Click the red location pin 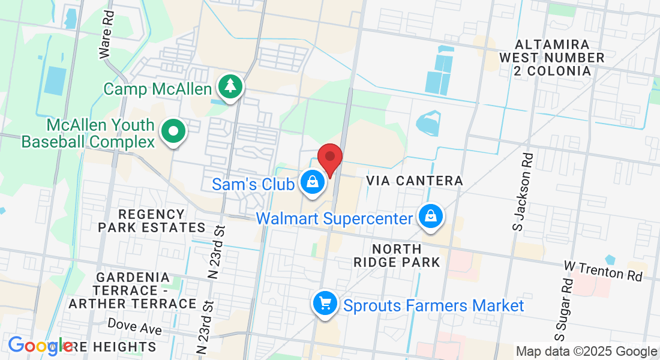pyautogui.click(x=329, y=158)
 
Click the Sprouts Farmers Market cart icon pyautogui.click(x=325, y=304)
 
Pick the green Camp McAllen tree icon pyautogui.click(x=229, y=86)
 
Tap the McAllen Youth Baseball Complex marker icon pyautogui.click(x=173, y=131)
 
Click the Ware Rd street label pyautogui.click(x=106, y=41)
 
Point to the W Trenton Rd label pyautogui.click(x=603, y=271)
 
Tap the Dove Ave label pyautogui.click(x=134, y=326)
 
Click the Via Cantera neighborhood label pyautogui.click(x=415, y=181)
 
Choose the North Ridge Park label pyautogui.click(x=397, y=255)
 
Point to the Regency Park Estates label pyautogui.click(x=152, y=221)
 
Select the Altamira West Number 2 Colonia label pyautogui.click(x=552, y=58)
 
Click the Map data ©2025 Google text pyautogui.click(x=586, y=352)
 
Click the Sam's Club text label pyautogui.click(x=253, y=184)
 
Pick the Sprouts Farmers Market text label pyautogui.click(x=433, y=305)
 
